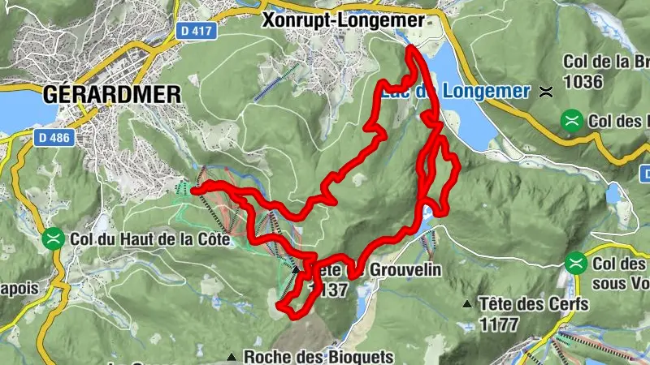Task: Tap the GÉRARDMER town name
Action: point(111,93)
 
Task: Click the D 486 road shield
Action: point(54,139)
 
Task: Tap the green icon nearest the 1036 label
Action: point(573,121)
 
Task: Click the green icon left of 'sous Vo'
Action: point(576,263)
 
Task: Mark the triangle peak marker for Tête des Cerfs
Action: point(467,305)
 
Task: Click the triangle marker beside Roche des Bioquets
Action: point(232,356)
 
